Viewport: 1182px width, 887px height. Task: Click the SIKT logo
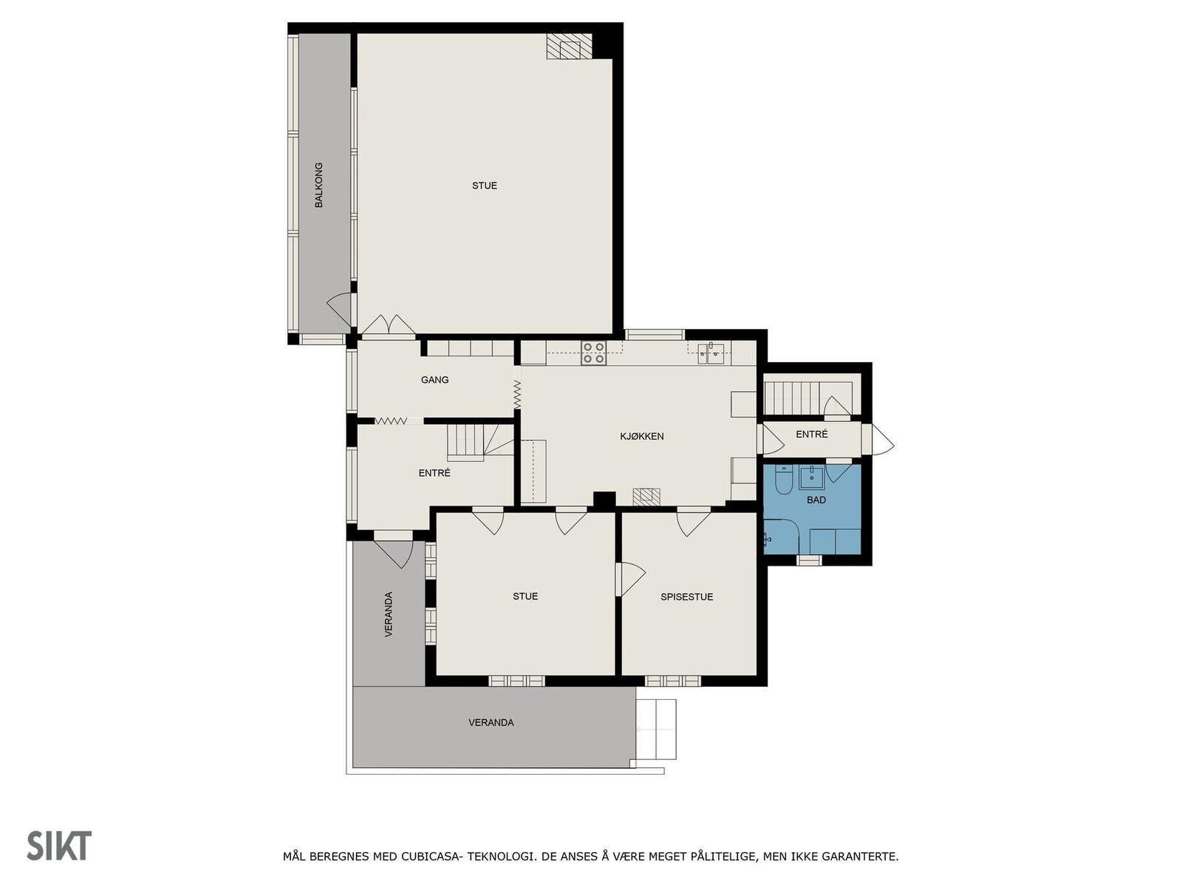[59, 846]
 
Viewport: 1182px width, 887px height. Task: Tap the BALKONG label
[319, 185]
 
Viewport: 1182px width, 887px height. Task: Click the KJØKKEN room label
[641, 436]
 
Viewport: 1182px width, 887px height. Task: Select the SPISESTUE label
[686, 597]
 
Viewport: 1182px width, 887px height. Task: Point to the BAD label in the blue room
[816, 500]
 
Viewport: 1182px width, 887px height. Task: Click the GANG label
[434, 380]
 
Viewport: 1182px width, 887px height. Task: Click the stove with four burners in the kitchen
[593, 353]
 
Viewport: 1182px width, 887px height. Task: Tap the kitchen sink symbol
[714, 353]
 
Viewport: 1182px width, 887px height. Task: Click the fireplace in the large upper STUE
[569, 47]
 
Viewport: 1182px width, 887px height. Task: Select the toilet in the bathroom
[784, 481]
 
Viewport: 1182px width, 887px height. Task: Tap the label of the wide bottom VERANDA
[491, 722]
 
